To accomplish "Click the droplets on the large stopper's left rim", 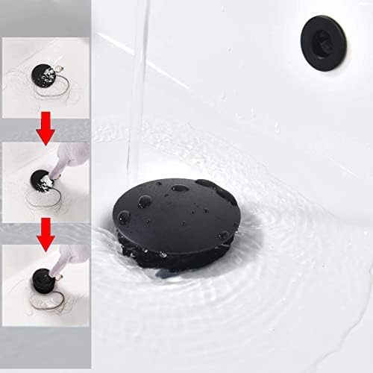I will coord(124,217).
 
